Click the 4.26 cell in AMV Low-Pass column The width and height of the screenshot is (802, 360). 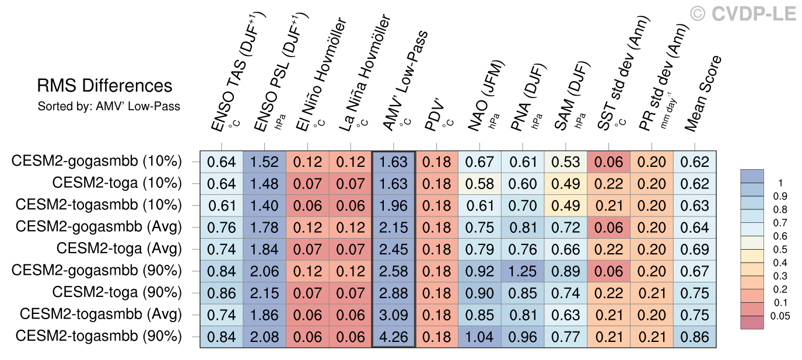point(393,337)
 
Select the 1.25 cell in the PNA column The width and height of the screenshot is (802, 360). point(523,271)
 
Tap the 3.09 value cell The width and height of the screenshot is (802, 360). point(393,315)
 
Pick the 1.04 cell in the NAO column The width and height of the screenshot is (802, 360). point(479,337)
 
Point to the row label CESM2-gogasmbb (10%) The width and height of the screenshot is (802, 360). point(97,162)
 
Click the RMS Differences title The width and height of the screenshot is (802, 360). point(105,86)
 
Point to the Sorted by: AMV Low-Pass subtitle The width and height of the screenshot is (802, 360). point(109,106)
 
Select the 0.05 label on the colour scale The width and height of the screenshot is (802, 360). point(779,317)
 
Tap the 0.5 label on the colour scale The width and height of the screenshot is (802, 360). point(779,249)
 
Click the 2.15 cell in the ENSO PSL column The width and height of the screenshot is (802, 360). point(264,293)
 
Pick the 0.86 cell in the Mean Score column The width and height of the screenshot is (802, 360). point(695,337)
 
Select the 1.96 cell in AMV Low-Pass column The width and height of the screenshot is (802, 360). point(393,205)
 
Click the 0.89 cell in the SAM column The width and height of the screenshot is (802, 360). point(566,271)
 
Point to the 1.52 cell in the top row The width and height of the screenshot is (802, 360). point(264,162)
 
